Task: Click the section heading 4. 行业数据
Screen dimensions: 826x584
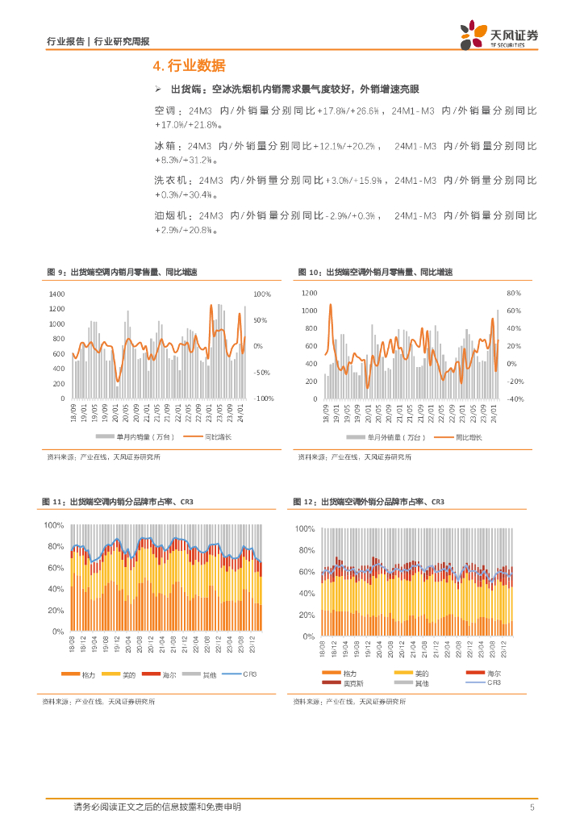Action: point(189,65)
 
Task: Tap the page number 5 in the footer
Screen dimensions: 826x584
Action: point(532,807)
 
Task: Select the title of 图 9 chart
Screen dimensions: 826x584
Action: point(121,273)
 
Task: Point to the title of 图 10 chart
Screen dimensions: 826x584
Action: point(375,273)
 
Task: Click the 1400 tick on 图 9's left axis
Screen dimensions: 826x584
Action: point(56,294)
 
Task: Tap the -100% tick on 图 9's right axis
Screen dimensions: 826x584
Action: point(264,398)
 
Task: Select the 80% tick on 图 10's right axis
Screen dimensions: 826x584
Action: point(514,294)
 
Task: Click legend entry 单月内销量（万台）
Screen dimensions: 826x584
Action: point(128,436)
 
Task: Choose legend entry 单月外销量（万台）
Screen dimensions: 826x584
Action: point(379,436)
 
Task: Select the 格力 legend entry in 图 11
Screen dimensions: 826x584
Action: point(86,674)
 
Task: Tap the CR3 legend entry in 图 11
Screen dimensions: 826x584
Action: point(248,674)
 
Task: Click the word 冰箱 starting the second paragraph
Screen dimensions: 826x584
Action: point(165,146)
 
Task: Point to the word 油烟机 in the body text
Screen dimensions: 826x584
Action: point(170,216)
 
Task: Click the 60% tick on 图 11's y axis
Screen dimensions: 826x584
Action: point(55,568)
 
